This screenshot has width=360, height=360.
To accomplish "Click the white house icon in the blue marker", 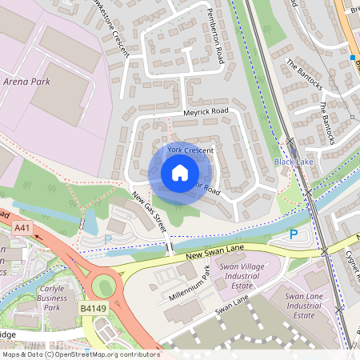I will [179, 173].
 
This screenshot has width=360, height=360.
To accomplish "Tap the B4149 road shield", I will [92, 307].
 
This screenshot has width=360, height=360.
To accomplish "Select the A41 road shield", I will [22, 229].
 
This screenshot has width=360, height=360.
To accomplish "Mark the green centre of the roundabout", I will [104, 285].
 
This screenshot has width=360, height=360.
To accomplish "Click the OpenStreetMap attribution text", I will [80, 354].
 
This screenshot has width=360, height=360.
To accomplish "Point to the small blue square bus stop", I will [351, 58].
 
